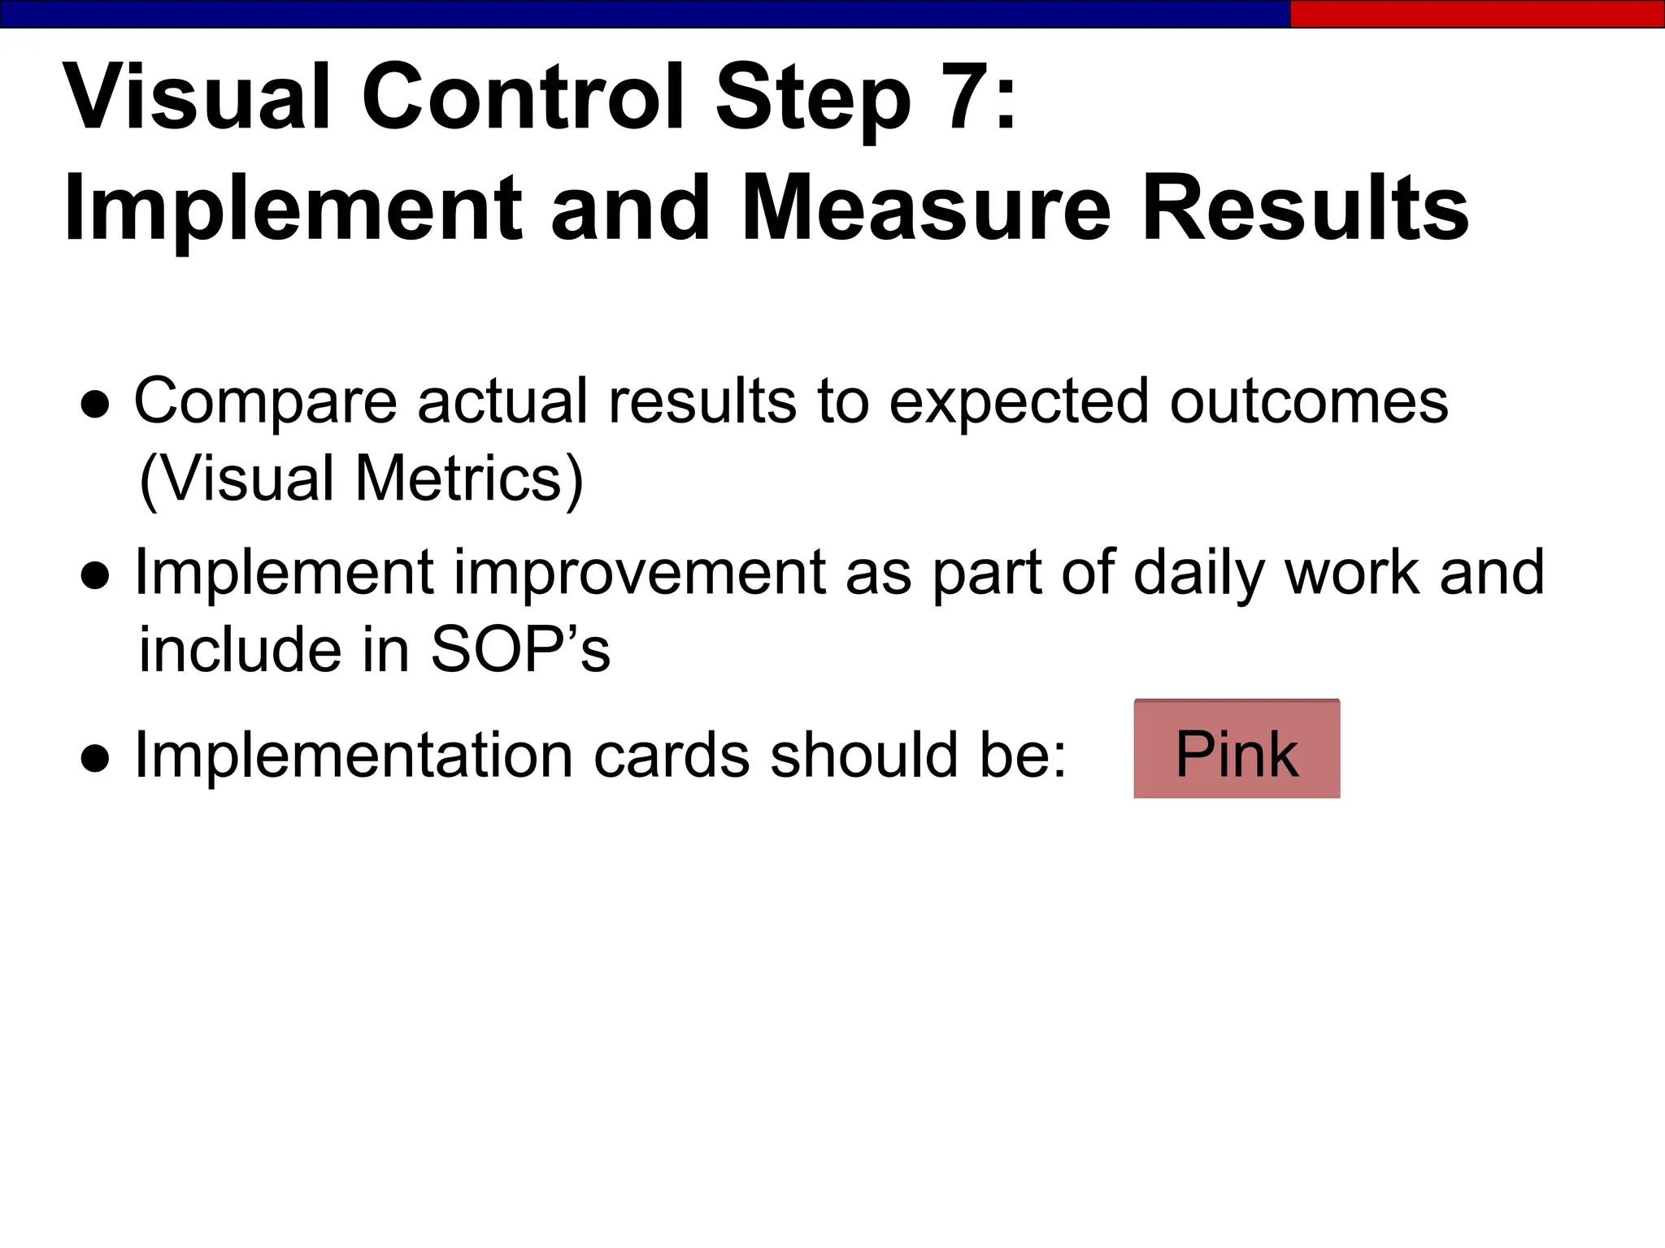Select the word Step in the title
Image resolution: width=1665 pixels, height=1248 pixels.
[x=812, y=101]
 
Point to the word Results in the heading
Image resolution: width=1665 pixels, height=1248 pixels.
[x=1305, y=209]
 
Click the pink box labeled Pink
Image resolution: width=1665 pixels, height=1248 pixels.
[x=1237, y=749]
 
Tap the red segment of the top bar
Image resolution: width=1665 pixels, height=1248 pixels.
[x=1476, y=14]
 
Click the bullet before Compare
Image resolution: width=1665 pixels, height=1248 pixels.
[x=95, y=406]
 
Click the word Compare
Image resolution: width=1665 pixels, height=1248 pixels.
[x=265, y=402]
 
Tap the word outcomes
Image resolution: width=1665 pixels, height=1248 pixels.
[x=1309, y=402]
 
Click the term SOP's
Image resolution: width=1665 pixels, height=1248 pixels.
[x=520, y=650]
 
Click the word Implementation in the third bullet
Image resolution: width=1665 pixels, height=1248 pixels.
[x=354, y=756]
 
